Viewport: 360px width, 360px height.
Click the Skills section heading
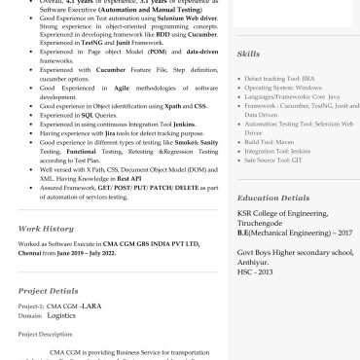click(248, 54)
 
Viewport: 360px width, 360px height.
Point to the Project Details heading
click(48, 290)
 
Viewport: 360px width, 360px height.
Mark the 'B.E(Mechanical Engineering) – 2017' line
click(295, 234)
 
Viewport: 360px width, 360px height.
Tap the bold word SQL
click(86, 115)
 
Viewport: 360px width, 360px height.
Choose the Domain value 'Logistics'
click(60, 315)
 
